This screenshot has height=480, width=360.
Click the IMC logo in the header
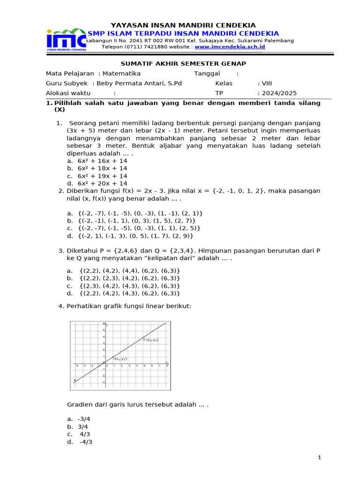(66, 40)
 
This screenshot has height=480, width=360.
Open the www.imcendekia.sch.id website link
(230, 47)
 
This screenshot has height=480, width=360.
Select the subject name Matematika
(121, 74)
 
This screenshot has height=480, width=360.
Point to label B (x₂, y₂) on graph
(151, 339)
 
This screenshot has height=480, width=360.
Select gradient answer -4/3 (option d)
(85, 442)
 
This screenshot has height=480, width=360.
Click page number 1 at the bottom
(319, 457)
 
